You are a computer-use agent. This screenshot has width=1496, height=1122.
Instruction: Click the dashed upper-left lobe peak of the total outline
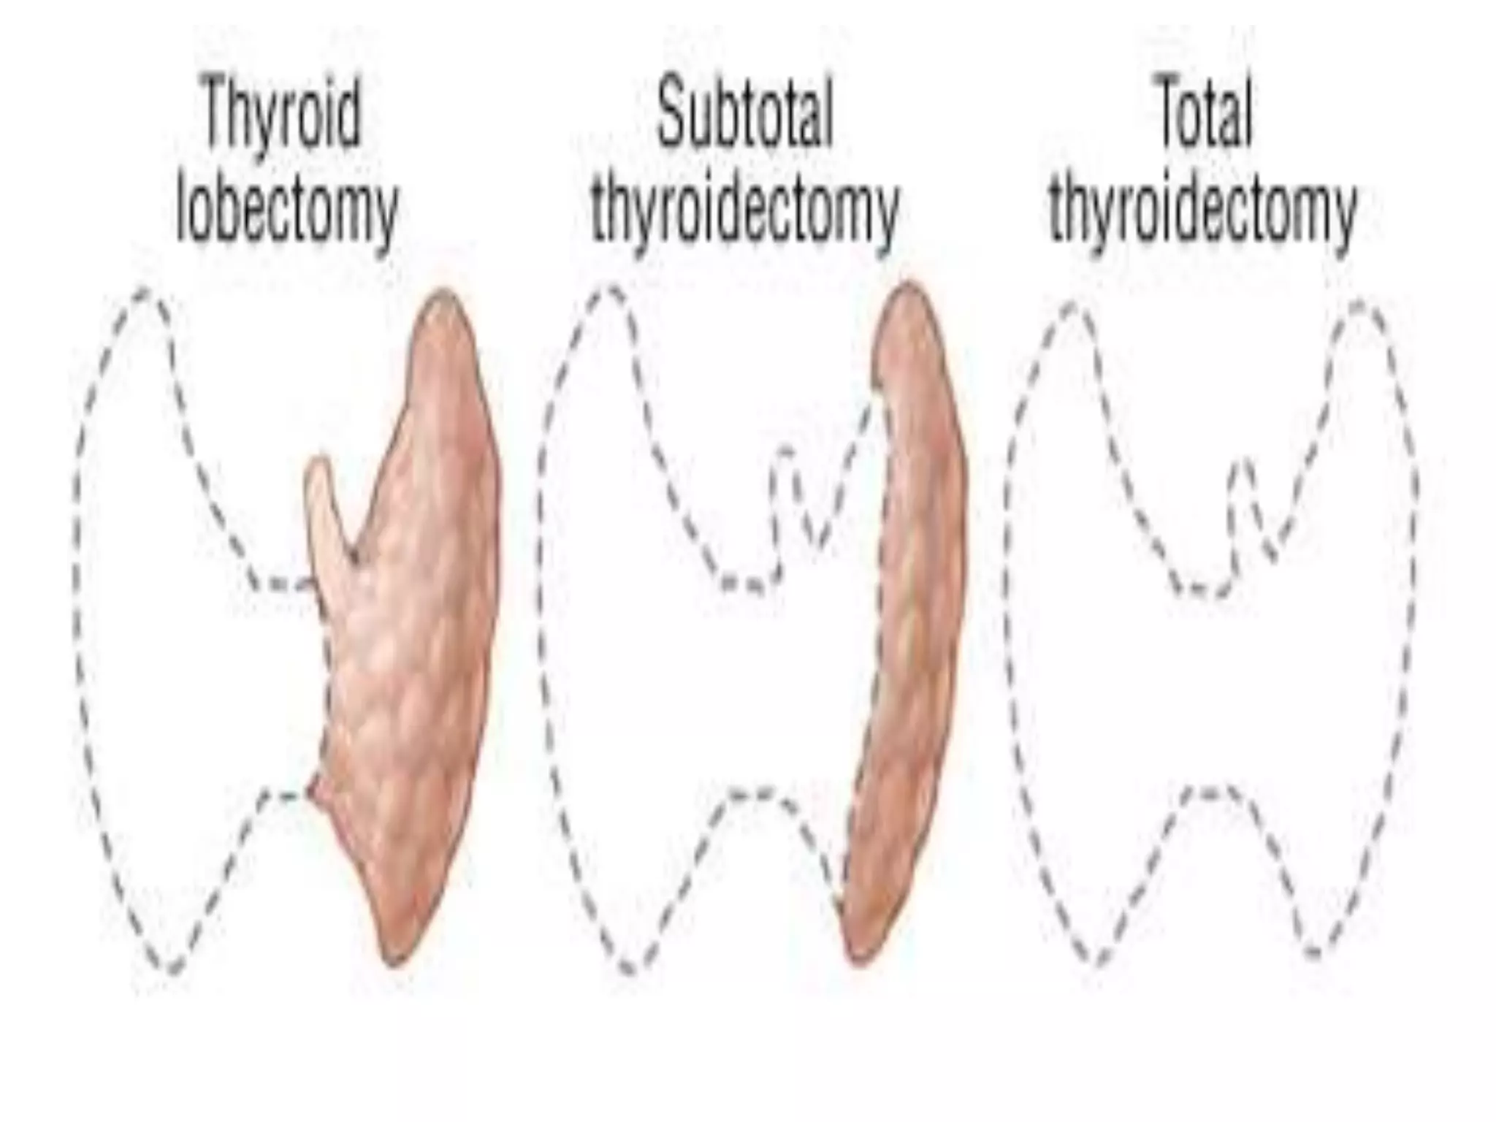[x=1074, y=307]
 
